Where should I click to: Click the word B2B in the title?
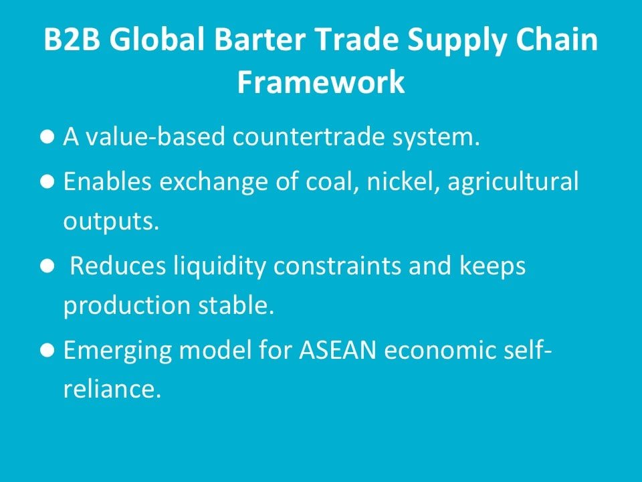(x=72, y=39)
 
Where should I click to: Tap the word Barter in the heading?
(x=259, y=39)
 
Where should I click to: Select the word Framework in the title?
(x=321, y=82)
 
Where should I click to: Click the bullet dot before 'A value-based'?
(x=47, y=137)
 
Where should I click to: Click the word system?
(x=436, y=138)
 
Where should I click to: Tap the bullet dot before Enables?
(x=47, y=181)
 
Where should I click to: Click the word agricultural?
(x=513, y=181)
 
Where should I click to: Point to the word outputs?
(x=111, y=222)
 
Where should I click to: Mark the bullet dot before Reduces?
(x=47, y=266)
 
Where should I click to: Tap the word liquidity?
(x=219, y=266)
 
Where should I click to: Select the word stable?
(x=236, y=305)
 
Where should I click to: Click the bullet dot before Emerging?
(x=47, y=350)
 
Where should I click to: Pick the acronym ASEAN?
(x=337, y=350)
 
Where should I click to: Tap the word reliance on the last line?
(x=112, y=388)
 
